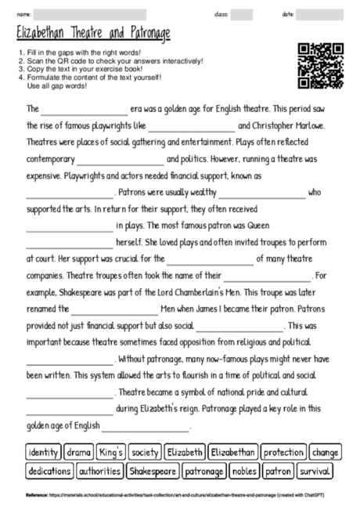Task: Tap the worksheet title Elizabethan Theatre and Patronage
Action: click(92, 34)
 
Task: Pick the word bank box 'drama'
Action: click(78, 453)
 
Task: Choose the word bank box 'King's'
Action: click(110, 453)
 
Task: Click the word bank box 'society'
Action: click(145, 453)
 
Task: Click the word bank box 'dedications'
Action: click(49, 471)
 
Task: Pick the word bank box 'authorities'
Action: click(99, 471)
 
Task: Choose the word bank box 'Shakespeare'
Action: click(153, 471)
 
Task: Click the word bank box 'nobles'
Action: click(245, 471)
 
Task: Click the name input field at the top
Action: click(90, 14)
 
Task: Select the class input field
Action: click(241, 14)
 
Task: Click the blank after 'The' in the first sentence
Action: click(84, 110)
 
